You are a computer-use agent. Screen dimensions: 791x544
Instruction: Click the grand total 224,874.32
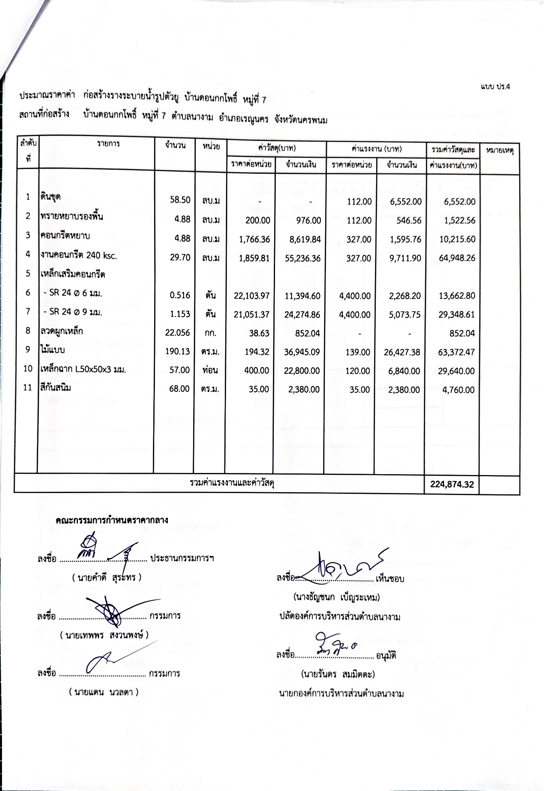[x=452, y=484]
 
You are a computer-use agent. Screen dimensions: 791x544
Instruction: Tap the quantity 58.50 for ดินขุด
[x=180, y=200]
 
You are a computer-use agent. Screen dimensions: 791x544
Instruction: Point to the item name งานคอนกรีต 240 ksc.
[x=79, y=255]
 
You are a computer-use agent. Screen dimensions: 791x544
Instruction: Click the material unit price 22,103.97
[x=252, y=296]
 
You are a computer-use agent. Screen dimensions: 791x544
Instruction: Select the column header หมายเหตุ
[x=500, y=151]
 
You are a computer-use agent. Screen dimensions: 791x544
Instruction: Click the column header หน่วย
[x=211, y=147]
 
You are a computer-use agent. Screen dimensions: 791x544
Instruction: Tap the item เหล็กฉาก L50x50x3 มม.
[x=83, y=369]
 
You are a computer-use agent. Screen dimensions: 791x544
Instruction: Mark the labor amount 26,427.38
[x=401, y=352]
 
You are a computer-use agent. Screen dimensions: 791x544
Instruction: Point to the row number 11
[x=27, y=388]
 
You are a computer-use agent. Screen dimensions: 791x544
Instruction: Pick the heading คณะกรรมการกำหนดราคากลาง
[x=112, y=520]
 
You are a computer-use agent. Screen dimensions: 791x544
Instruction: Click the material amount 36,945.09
[x=302, y=352]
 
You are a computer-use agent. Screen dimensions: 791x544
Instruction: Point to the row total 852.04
[x=462, y=333]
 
